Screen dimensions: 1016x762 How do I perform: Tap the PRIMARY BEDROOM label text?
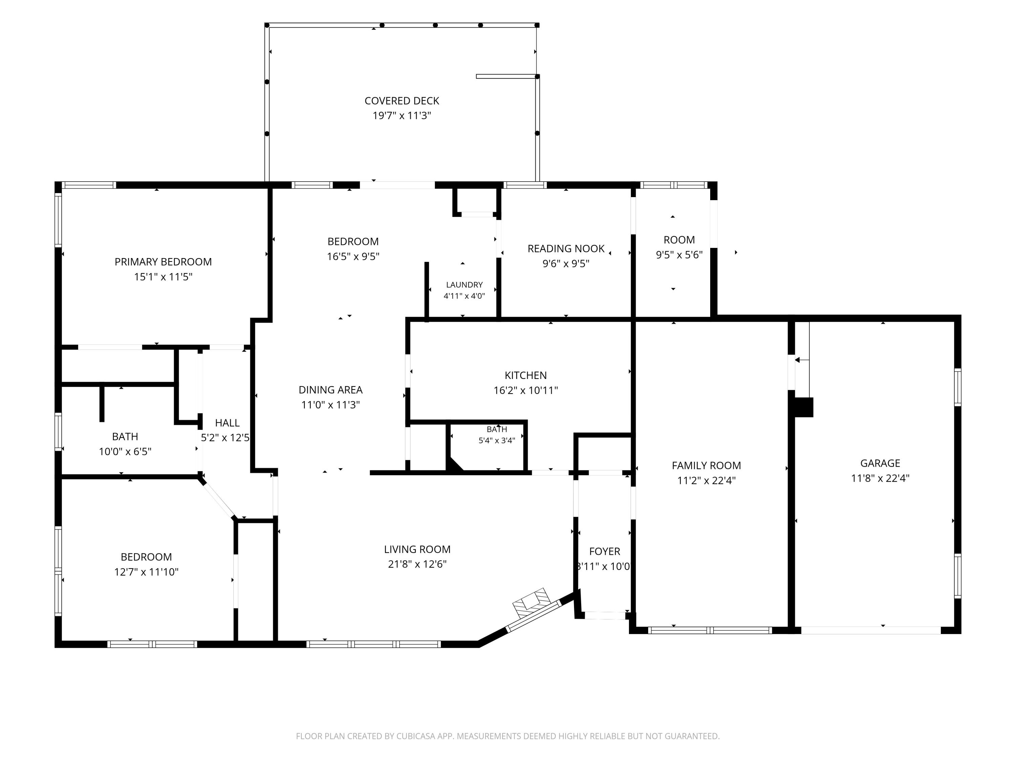coord(163,262)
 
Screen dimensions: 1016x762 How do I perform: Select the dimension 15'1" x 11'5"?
coord(163,276)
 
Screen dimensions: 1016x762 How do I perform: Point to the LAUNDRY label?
coord(464,285)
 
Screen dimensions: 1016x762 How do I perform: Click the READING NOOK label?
coord(566,249)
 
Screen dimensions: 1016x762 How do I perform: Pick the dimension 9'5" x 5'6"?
coord(679,254)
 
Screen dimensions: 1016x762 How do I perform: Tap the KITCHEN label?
coord(526,375)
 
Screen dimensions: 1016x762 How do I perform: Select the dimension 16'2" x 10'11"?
coord(526,390)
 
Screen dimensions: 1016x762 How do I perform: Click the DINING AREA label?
coord(331,390)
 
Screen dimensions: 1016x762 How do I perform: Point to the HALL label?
coord(227,423)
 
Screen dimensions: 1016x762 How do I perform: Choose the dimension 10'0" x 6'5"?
coord(125,451)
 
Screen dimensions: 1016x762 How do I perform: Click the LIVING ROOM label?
coord(417,549)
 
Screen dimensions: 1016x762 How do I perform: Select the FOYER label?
coord(605,551)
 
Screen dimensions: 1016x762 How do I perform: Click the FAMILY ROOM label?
coord(706,465)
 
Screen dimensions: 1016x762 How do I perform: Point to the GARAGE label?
coord(880,463)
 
